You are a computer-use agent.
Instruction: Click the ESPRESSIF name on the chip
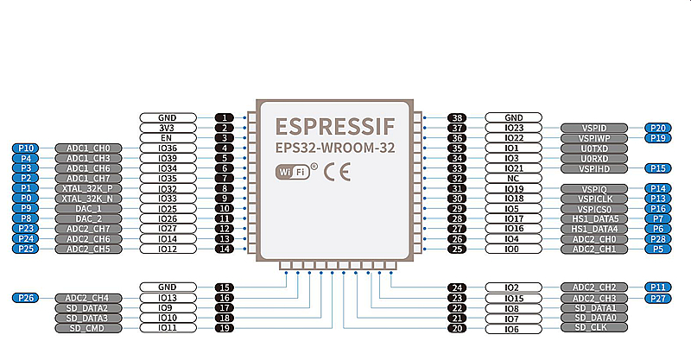pyautogui.click(x=335, y=127)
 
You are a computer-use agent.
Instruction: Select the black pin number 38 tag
pyautogui.click(x=458, y=117)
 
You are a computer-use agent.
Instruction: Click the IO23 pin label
pyautogui.click(x=513, y=128)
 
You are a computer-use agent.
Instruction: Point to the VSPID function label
pyautogui.click(x=590, y=128)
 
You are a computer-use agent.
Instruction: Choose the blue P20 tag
pyautogui.click(x=658, y=128)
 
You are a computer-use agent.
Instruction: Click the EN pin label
pyautogui.click(x=168, y=138)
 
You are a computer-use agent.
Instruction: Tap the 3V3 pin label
pyautogui.click(x=168, y=128)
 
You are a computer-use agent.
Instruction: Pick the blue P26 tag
pyautogui.click(x=26, y=298)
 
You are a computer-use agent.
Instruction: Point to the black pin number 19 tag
pyautogui.click(x=225, y=328)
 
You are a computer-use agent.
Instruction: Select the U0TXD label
pyautogui.click(x=590, y=148)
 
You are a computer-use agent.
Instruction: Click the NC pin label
pyautogui.click(x=513, y=178)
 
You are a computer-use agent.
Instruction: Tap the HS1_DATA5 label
pyautogui.click(x=590, y=218)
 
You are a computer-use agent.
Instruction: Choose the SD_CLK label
pyautogui.click(x=590, y=328)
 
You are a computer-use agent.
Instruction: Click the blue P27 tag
pyautogui.click(x=658, y=298)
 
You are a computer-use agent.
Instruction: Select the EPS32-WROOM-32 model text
pyautogui.click(x=335, y=148)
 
